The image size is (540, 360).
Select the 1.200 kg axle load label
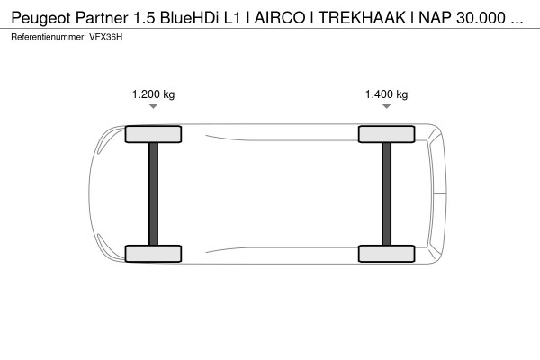click(x=153, y=94)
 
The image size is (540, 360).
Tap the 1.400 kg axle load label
click(x=386, y=94)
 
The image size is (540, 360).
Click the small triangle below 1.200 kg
click(x=153, y=107)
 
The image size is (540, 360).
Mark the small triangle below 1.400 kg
click(x=386, y=107)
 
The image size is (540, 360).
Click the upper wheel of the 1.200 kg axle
click(x=153, y=135)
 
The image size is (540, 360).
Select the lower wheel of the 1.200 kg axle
click(x=153, y=253)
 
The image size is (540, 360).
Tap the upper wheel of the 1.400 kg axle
click(x=386, y=135)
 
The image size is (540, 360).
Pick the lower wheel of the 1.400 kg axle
click(x=386, y=253)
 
